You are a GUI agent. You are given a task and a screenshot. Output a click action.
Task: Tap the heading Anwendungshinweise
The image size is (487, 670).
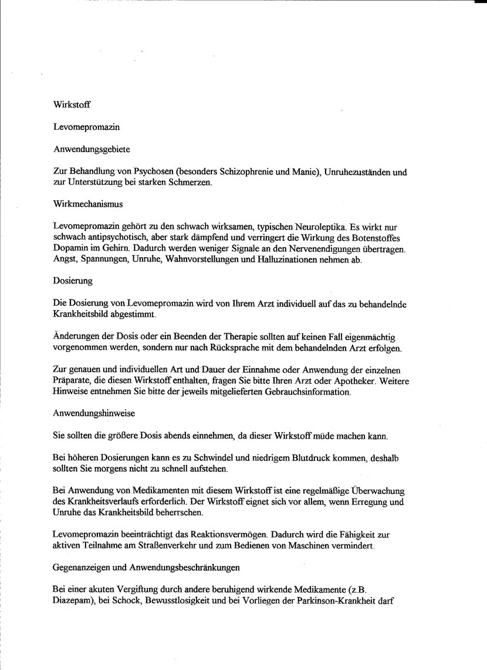(x=94, y=413)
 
